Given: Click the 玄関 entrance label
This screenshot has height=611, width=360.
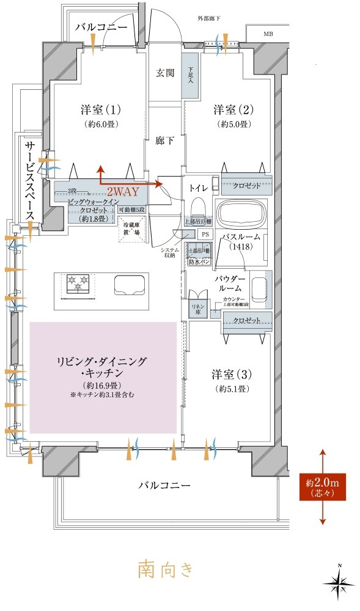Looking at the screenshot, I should coord(165,73).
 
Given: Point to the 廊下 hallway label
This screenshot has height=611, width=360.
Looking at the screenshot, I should coord(165,141).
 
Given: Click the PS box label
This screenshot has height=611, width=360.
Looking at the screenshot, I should coord(205,233).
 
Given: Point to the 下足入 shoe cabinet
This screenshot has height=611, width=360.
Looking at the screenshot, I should coord(190,75).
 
